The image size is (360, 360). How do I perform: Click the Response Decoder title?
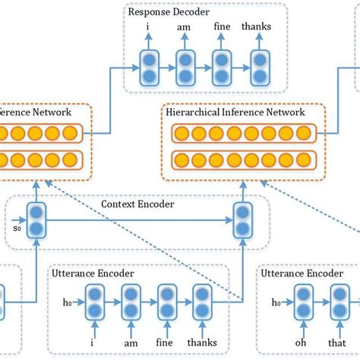coord(169,12)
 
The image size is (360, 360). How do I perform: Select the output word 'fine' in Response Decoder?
coord(222,27)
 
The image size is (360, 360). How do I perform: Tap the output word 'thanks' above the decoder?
coord(256,27)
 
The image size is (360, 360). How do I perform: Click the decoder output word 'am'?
coord(184,27)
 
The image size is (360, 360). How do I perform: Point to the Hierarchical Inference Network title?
coord(235,112)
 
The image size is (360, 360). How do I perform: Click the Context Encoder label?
coord(137,204)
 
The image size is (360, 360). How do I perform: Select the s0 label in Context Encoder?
coord(17,229)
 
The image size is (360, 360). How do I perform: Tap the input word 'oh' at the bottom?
coord(301,343)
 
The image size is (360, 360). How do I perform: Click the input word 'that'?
coord(336,343)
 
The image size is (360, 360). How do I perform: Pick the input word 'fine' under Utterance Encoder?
coord(164,343)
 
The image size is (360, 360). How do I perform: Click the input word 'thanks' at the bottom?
coord(202,343)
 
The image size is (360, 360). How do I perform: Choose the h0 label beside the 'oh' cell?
coord(276,302)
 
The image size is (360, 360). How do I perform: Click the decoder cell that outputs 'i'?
coord(150,68)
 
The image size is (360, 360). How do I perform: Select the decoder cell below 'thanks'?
coord(260,68)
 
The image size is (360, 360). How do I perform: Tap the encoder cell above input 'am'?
coord(131,302)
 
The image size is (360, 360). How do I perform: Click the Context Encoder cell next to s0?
coord(36,220)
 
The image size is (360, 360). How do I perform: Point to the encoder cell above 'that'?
coord(339,302)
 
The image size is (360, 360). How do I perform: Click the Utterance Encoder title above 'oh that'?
coord(302,273)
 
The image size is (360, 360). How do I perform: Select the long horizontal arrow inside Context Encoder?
coord(140,220)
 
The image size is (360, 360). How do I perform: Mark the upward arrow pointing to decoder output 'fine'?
coord(221,41)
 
